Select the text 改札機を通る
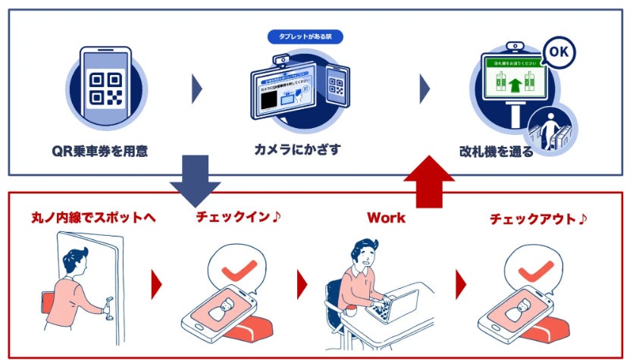click(x=497, y=151)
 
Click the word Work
click(x=386, y=218)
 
